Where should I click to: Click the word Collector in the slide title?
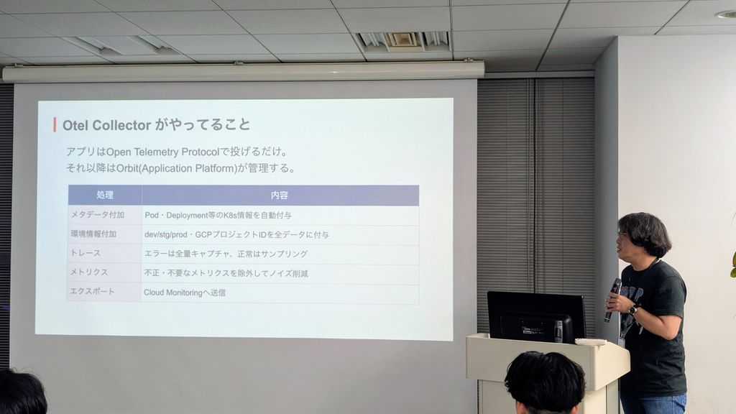pyautogui.click(x=121, y=125)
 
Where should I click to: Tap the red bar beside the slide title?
pyautogui.click(x=55, y=125)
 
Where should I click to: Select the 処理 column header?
pyautogui.click(x=105, y=195)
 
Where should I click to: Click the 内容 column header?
pyautogui.click(x=280, y=195)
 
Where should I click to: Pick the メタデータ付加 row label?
pyautogui.click(x=97, y=214)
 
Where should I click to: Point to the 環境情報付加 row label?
pyautogui.click(x=93, y=234)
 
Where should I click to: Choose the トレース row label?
pyautogui.click(x=85, y=253)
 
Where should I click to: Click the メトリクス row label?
pyautogui.click(x=88, y=272)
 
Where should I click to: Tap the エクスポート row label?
pyautogui.click(x=92, y=291)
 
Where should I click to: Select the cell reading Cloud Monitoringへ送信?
pyautogui.click(x=185, y=293)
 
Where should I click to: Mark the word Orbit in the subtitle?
pyautogui.click(x=127, y=168)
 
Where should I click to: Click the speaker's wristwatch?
pyautogui.click(x=633, y=310)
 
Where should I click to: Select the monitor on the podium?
pyautogui.click(x=536, y=317)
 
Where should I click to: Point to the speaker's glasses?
pyautogui.click(x=623, y=235)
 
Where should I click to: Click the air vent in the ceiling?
pyautogui.click(x=403, y=41)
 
